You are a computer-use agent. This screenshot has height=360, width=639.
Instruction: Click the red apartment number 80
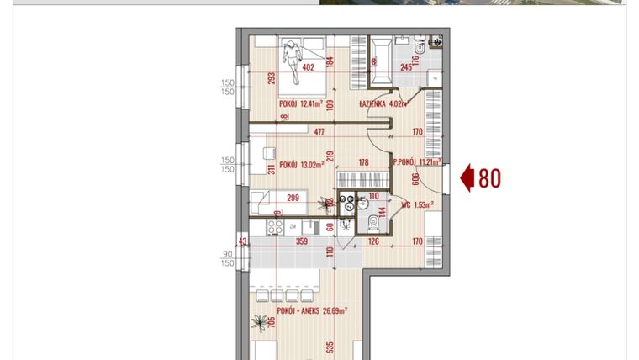(490, 178)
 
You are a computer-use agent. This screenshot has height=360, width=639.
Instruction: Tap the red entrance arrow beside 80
(467, 178)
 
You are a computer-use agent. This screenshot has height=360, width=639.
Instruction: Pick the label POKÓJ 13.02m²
(302, 165)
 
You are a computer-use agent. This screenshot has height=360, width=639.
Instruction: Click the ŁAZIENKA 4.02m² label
(383, 104)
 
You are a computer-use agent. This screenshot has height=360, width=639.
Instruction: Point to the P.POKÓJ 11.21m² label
(417, 162)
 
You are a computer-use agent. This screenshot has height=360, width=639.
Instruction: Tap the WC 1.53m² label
(417, 204)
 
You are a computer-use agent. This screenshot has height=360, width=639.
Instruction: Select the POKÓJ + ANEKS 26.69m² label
(312, 310)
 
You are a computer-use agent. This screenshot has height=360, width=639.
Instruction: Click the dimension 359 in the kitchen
(302, 242)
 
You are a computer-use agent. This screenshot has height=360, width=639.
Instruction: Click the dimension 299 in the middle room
(293, 199)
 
